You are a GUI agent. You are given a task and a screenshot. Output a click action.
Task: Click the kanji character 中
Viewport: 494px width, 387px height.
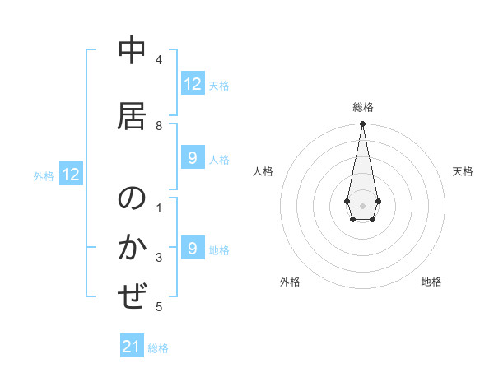coord(132,51)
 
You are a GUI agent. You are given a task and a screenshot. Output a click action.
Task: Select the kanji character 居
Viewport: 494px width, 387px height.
coord(132,114)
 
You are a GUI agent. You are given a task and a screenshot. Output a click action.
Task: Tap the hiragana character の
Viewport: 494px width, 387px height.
coord(132,198)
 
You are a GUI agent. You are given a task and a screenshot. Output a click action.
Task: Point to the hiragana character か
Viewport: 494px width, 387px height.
coord(132,248)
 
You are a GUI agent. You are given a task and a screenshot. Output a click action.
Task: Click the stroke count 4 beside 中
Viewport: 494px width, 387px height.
coord(159,60)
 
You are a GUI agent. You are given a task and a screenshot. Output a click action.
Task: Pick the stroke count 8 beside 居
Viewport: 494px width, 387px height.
coord(159,125)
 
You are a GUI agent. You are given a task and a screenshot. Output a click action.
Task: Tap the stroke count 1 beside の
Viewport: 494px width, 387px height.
coord(159,208)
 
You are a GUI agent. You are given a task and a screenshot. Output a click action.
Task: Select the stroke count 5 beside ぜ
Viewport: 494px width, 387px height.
coord(159,307)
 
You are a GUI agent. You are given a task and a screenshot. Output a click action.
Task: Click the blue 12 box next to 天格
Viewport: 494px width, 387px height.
coord(193,84)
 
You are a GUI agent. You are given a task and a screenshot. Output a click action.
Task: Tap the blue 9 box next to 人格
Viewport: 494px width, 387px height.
coord(193,158)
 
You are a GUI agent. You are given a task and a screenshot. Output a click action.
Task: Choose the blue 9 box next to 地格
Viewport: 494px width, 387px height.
coord(193,249)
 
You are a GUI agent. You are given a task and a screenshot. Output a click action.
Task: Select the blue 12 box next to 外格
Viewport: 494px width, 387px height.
coord(71,175)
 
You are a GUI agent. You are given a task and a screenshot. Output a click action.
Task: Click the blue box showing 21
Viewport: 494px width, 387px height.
coord(132,347)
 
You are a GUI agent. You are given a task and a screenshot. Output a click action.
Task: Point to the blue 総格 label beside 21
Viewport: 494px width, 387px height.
coord(158,348)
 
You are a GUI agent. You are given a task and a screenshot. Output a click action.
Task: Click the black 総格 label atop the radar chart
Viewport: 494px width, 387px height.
coord(362,107)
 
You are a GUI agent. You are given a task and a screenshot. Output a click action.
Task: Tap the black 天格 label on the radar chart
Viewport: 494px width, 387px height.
coord(463,171)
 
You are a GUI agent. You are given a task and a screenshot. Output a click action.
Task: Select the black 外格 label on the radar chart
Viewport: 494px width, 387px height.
coord(290,282)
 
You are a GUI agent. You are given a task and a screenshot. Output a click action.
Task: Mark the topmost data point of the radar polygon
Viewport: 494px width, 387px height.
coord(362,124)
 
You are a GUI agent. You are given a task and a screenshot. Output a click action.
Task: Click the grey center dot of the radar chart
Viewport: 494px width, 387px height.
coord(362,204)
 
